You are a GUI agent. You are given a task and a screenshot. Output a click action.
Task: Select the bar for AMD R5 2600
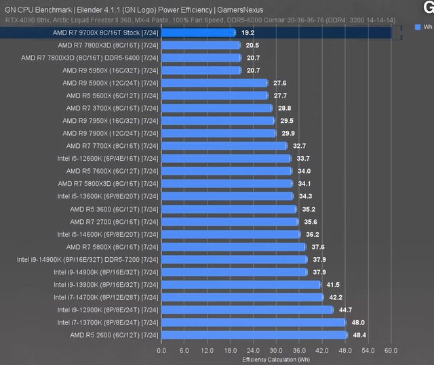(x=254, y=335)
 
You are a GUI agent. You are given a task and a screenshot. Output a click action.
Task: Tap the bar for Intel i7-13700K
(x=253, y=322)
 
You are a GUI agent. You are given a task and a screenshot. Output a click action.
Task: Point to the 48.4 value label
(x=359, y=335)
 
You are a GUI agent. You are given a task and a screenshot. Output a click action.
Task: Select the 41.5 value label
(x=333, y=285)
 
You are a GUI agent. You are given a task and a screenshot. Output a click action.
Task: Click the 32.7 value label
(x=299, y=146)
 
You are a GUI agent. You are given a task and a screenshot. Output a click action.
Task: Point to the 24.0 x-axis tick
(x=252, y=351)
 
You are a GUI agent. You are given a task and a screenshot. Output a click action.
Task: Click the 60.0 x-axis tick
(x=391, y=351)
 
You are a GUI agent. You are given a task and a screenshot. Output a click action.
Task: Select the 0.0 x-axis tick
(x=161, y=351)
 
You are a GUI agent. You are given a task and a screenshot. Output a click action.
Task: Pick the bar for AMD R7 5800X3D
(x=227, y=184)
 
